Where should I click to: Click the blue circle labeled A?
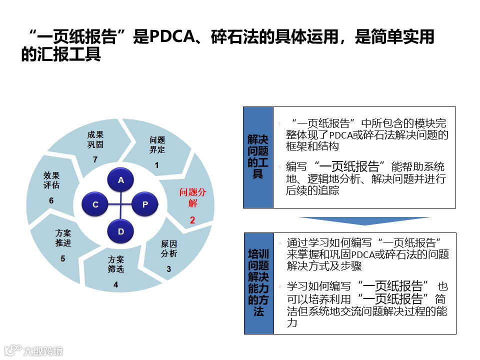(120, 180)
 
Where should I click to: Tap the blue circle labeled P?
(145, 204)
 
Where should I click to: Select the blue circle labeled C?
(95, 204)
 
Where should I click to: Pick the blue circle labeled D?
(120, 231)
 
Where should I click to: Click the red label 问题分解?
(192, 197)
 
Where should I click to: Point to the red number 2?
(192, 219)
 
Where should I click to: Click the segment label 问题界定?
(157, 145)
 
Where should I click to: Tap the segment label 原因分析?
(168, 248)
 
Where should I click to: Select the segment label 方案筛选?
(115, 264)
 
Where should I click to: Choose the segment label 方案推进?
(63, 238)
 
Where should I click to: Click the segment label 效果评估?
(51, 180)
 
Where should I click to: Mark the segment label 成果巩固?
(95, 139)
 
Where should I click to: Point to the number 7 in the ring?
(95, 159)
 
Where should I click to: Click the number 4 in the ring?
(115, 285)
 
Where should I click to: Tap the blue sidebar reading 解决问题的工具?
(258, 157)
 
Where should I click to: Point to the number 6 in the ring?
(51, 200)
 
